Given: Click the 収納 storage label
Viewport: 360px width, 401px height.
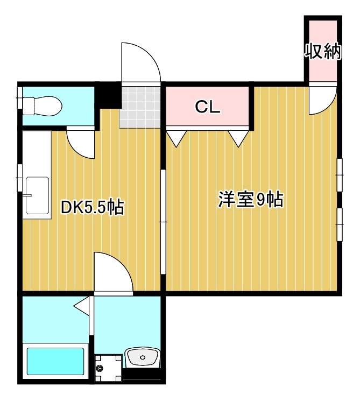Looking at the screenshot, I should (323, 51).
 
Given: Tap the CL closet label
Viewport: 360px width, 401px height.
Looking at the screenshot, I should (207, 107).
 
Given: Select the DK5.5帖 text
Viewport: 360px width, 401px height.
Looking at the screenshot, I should (93, 207).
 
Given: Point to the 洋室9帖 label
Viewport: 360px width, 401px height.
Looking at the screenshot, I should (251, 200).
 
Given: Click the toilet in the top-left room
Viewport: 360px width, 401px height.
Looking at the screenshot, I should (43, 105).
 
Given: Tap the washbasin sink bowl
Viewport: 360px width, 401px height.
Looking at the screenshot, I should (143, 356).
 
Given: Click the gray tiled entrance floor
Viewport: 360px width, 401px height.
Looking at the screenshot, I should (140, 106).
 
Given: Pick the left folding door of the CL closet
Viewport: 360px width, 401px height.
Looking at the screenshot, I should (175, 138).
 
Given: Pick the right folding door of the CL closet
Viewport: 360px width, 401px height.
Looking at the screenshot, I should (238, 138).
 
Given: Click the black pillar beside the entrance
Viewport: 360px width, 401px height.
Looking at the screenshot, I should (108, 95).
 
